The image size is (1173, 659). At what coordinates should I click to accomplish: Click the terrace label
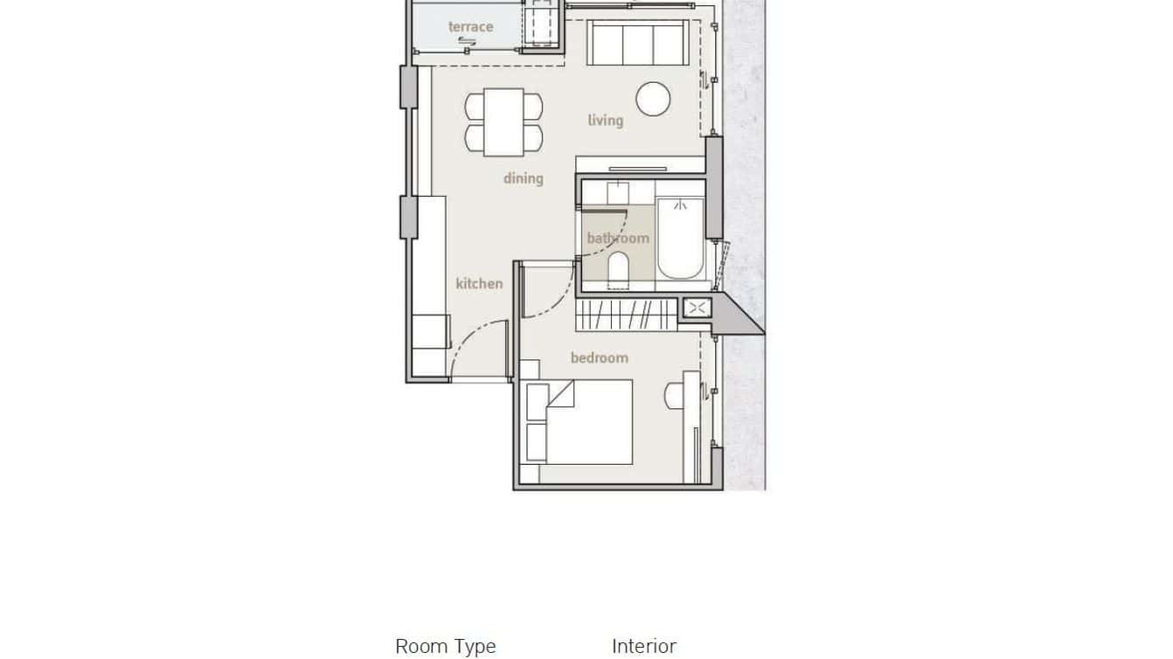470,27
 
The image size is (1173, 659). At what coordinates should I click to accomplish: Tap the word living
605,120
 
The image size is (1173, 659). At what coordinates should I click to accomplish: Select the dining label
523,178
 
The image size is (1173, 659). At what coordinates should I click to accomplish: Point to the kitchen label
479,283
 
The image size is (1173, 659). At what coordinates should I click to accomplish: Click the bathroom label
618,238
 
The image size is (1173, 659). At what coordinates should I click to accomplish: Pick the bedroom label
599,357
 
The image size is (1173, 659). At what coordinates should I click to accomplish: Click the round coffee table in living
653,99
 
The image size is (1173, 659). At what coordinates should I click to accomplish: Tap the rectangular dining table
503,121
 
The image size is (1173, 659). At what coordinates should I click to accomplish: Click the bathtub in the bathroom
680,239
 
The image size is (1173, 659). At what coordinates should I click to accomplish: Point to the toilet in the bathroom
618,269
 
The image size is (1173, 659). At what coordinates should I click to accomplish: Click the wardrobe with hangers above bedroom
627,314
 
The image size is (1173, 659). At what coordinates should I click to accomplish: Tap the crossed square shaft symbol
697,308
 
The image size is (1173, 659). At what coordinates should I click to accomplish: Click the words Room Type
445,647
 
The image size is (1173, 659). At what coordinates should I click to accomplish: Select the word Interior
643,647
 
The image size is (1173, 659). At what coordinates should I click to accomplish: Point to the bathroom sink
619,191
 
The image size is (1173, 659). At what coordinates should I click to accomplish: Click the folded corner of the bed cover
560,396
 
